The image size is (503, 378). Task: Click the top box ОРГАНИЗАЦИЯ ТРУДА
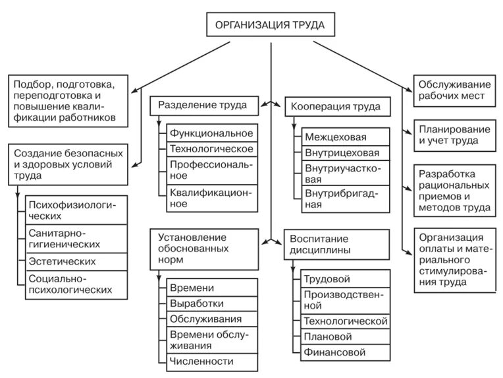(x=270, y=26)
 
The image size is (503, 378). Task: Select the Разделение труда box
(x=203, y=105)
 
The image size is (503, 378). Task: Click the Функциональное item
(x=211, y=133)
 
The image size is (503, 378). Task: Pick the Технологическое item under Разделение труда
(x=211, y=148)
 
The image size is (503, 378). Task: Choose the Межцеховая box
(x=346, y=137)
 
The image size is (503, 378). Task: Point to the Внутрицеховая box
(x=346, y=153)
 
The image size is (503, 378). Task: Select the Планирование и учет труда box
(x=454, y=134)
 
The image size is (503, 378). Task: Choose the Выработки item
(x=211, y=303)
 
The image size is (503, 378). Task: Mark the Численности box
(x=211, y=362)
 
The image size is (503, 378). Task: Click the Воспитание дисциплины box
(x=335, y=245)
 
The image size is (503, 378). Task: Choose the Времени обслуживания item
(x=211, y=340)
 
